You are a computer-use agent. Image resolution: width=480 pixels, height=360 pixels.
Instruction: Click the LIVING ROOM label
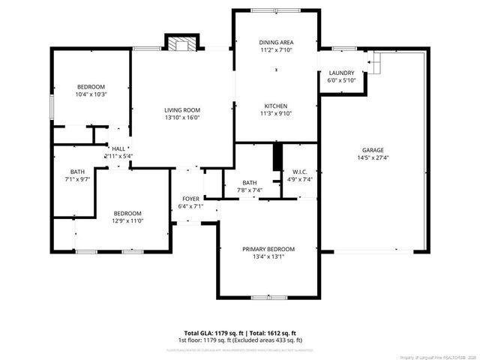(x=182, y=110)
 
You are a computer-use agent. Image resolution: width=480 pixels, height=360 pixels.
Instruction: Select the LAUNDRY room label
(x=341, y=73)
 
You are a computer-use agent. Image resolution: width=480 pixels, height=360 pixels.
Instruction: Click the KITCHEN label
(x=276, y=106)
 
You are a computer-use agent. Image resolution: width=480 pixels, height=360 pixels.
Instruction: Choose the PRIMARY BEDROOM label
(x=268, y=249)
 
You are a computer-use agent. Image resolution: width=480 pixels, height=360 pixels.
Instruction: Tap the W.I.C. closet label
(x=299, y=171)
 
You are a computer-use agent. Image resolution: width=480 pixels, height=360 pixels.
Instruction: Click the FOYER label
(x=190, y=199)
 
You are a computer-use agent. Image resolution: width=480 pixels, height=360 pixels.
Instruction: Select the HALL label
(x=118, y=148)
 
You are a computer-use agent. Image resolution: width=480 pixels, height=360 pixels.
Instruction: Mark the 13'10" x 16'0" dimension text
(x=182, y=118)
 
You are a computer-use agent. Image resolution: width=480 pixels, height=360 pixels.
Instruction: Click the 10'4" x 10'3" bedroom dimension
(x=91, y=94)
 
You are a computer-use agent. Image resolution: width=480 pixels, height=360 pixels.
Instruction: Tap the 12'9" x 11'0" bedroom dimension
(x=127, y=220)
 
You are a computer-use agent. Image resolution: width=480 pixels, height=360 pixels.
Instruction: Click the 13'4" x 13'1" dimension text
(x=268, y=256)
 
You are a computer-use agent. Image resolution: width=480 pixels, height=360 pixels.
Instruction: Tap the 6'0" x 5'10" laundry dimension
(x=341, y=80)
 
